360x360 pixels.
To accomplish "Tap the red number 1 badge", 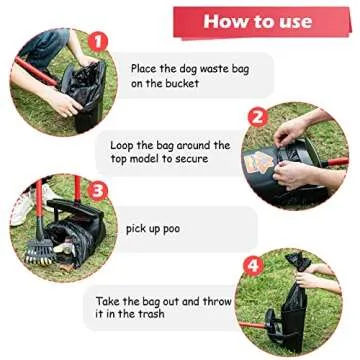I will click(97, 42).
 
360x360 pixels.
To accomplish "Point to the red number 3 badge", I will click(97, 190).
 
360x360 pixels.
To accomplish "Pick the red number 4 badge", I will click(253, 266).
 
